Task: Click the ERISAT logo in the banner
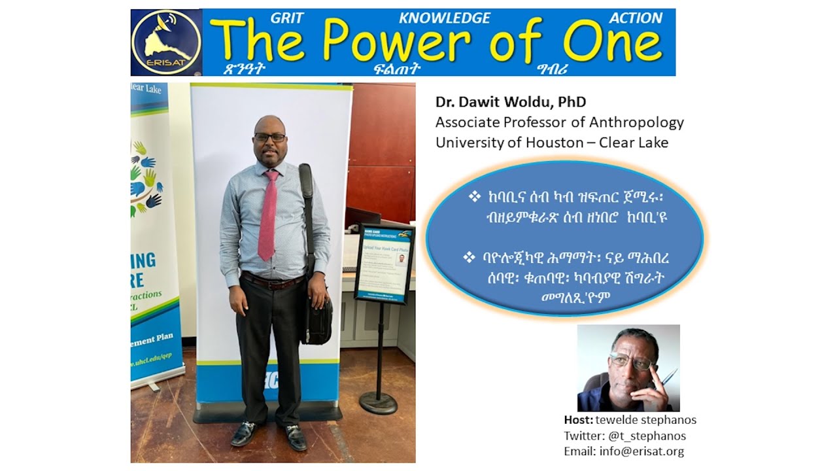(x=166, y=43)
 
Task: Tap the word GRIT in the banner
(x=287, y=18)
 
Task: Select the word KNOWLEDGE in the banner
(x=444, y=18)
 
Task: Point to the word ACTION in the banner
(x=636, y=18)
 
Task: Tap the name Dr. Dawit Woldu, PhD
(x=511, y=102)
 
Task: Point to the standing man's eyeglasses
(x=269, y=137)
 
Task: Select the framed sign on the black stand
(x=384, y=263)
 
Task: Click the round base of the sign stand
(x=379, y=402)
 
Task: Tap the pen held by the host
(x=668, y=379)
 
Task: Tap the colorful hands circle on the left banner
(x=145, y=177)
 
